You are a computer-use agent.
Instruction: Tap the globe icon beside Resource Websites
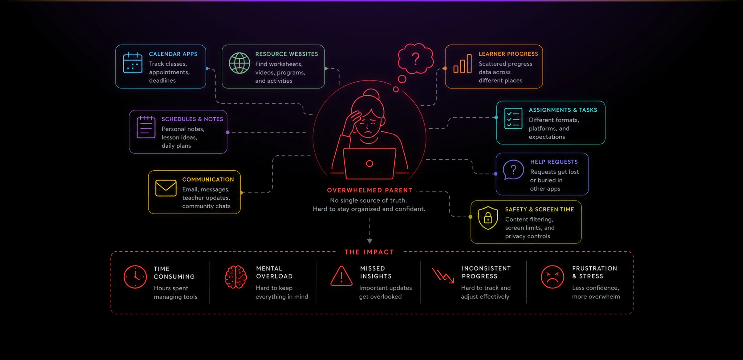point(239,63)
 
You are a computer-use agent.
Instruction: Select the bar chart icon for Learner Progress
point(463,64)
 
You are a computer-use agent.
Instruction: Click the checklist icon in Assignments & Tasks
point(513,118)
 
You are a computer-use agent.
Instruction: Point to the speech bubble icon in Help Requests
point(513,170)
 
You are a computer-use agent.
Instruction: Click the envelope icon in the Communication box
point(166,188)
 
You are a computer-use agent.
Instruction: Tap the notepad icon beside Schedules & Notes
point(146,127)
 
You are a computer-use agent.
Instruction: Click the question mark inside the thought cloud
point(416,59)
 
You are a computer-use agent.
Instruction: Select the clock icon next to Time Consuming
point(135,277)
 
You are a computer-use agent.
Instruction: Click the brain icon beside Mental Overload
point(236,277)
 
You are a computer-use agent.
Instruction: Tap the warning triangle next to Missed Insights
point(341,276)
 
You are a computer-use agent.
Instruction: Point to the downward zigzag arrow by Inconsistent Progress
point(443,275)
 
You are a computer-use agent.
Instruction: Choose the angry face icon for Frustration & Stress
point(552,277)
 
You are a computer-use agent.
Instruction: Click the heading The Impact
point(369,252)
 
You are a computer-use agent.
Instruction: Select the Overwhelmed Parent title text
point(369,190)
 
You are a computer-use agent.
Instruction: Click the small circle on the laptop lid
point(369,164)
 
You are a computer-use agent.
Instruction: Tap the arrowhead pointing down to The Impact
point(370,241)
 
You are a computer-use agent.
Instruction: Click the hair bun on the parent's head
point(371,94)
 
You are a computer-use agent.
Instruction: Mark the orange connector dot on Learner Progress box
point(445,68)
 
